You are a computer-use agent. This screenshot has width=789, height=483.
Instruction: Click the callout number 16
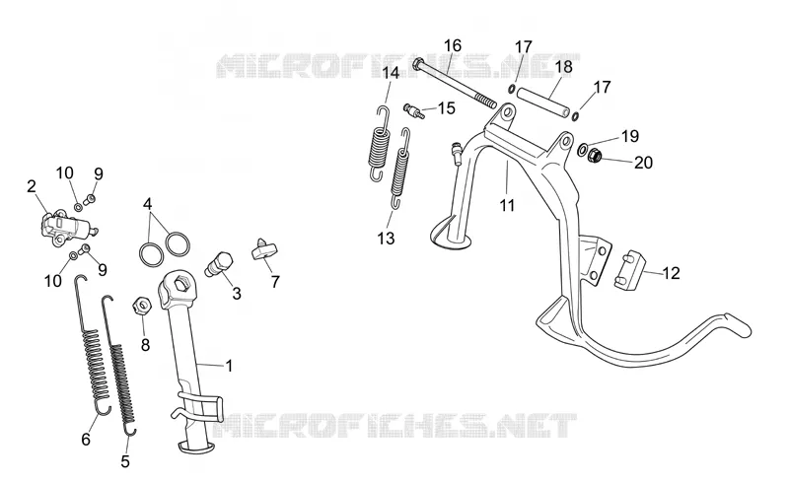click(x=453, y=45)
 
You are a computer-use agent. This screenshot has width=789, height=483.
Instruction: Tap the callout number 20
click(x=643, y=163)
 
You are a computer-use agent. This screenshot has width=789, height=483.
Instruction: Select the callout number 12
click(x=672, y=273)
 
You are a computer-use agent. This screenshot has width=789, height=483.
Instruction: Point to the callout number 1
click(x=229, y=366)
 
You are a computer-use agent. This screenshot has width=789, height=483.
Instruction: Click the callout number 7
click(x=275, y=282)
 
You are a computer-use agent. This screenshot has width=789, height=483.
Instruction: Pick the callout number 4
click(x=147, y=204)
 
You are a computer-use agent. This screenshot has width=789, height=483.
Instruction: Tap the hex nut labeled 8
click(x=142, y=305)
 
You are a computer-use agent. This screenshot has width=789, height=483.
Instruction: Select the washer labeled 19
click(x=583, y=149)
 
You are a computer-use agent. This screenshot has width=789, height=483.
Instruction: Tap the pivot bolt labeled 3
click(x=219, y=264)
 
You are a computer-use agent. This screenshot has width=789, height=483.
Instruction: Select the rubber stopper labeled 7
click(x=263, y=250)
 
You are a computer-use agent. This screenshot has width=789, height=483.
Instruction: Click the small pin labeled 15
click(x=414, y=110)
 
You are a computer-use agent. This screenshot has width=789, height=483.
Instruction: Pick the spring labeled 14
click(x=380, y=143)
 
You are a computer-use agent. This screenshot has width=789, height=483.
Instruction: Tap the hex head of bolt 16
click(x=418, y=64)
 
